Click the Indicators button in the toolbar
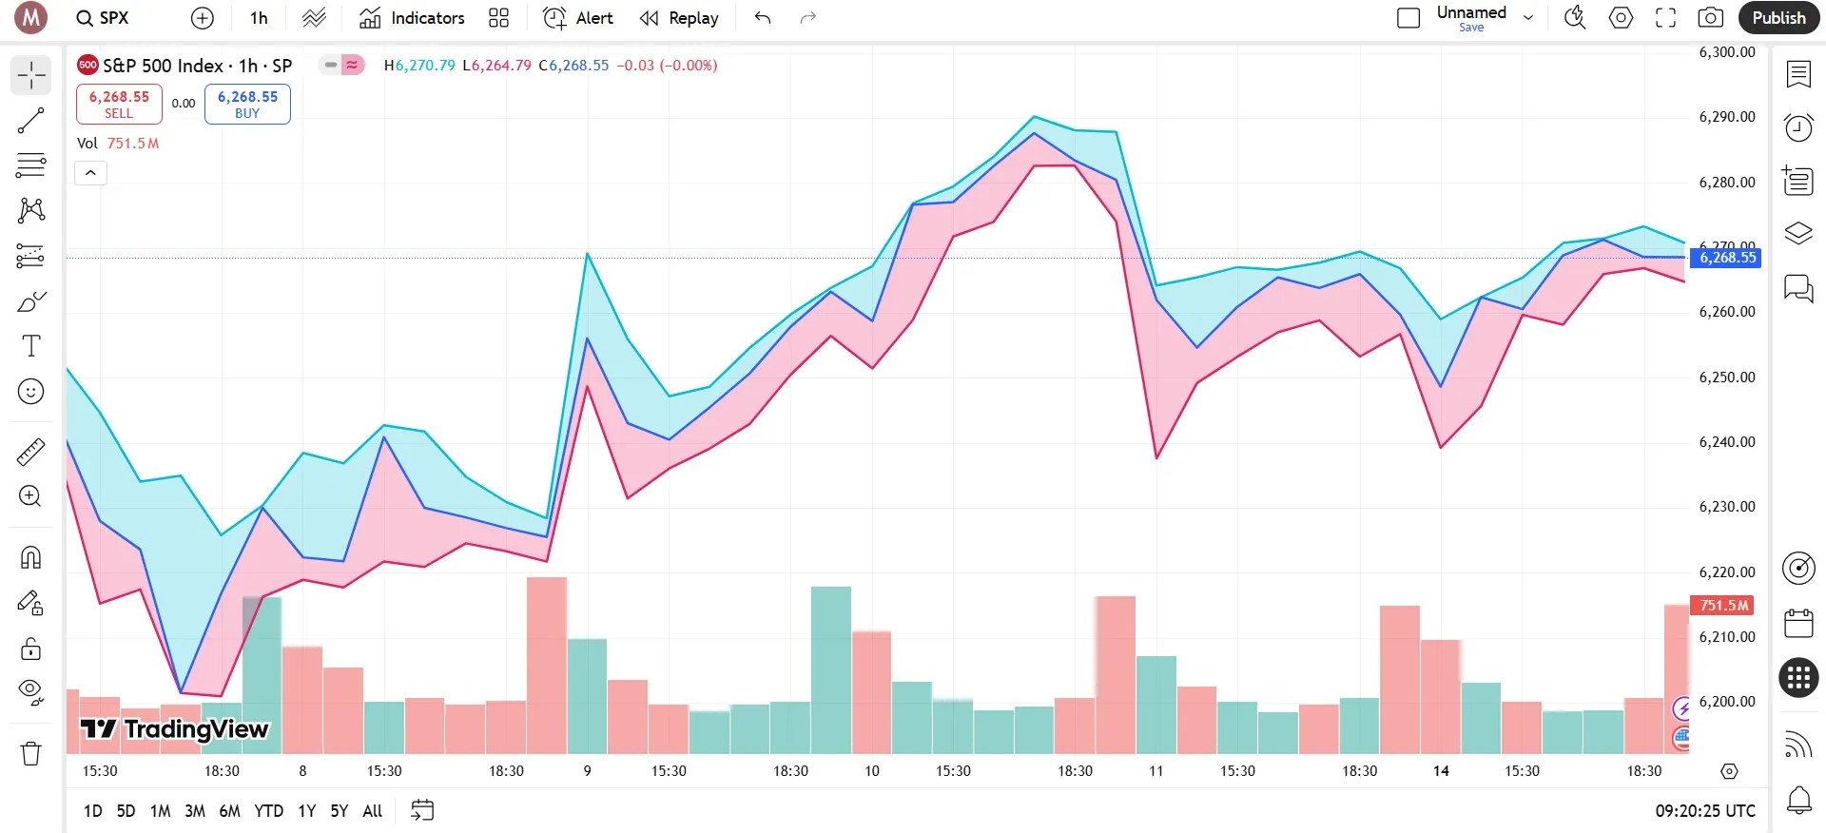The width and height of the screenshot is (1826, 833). [x=413, y=18]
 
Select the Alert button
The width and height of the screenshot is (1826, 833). [x=578, y=18]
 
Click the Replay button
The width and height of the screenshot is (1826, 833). [x=679, y=18]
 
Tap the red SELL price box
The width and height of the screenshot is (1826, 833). [x=119, y=104]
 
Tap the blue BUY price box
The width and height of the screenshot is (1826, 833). [x=247, y=104]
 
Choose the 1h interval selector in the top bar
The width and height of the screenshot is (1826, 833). [x=259, y=18]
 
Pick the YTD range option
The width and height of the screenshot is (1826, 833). [x=268, y=811]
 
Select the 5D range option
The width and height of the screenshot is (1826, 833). [x=126, y=811]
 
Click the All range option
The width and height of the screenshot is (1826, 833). [x=373, y=811]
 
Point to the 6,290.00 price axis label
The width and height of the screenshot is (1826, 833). [x=1726, y=117]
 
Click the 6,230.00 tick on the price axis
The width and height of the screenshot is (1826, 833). [x=1726, y=507]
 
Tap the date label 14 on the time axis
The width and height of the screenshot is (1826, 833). [x=1441, y=771]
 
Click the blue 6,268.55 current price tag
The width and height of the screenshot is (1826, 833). [x=1726, y=258]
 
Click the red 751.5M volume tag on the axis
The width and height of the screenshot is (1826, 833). [x=1722, y=606]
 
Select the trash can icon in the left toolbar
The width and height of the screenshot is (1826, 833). [x=31, y=753]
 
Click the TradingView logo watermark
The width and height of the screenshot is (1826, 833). [x=175, y=729]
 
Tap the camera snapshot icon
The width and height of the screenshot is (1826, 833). [x=1710, y=18]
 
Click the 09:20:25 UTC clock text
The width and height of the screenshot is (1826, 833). [x=1705, y=811]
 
